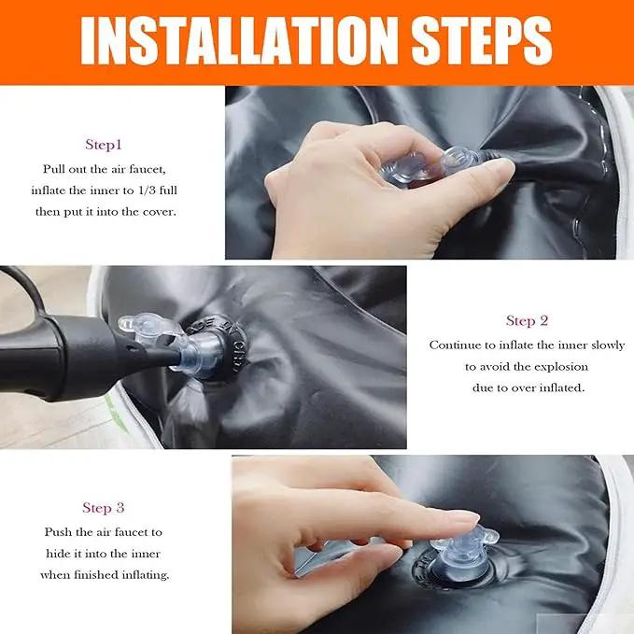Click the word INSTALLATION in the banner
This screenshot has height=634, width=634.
point(239,40)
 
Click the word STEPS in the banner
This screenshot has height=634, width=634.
point(482,40)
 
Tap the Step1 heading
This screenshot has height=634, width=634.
point(104,145)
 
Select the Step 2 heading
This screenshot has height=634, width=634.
point(527,320)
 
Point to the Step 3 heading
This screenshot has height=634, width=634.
point(103,508)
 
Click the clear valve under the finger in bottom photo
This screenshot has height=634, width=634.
point(465,549)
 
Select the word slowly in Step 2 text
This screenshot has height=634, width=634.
point(608,345)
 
